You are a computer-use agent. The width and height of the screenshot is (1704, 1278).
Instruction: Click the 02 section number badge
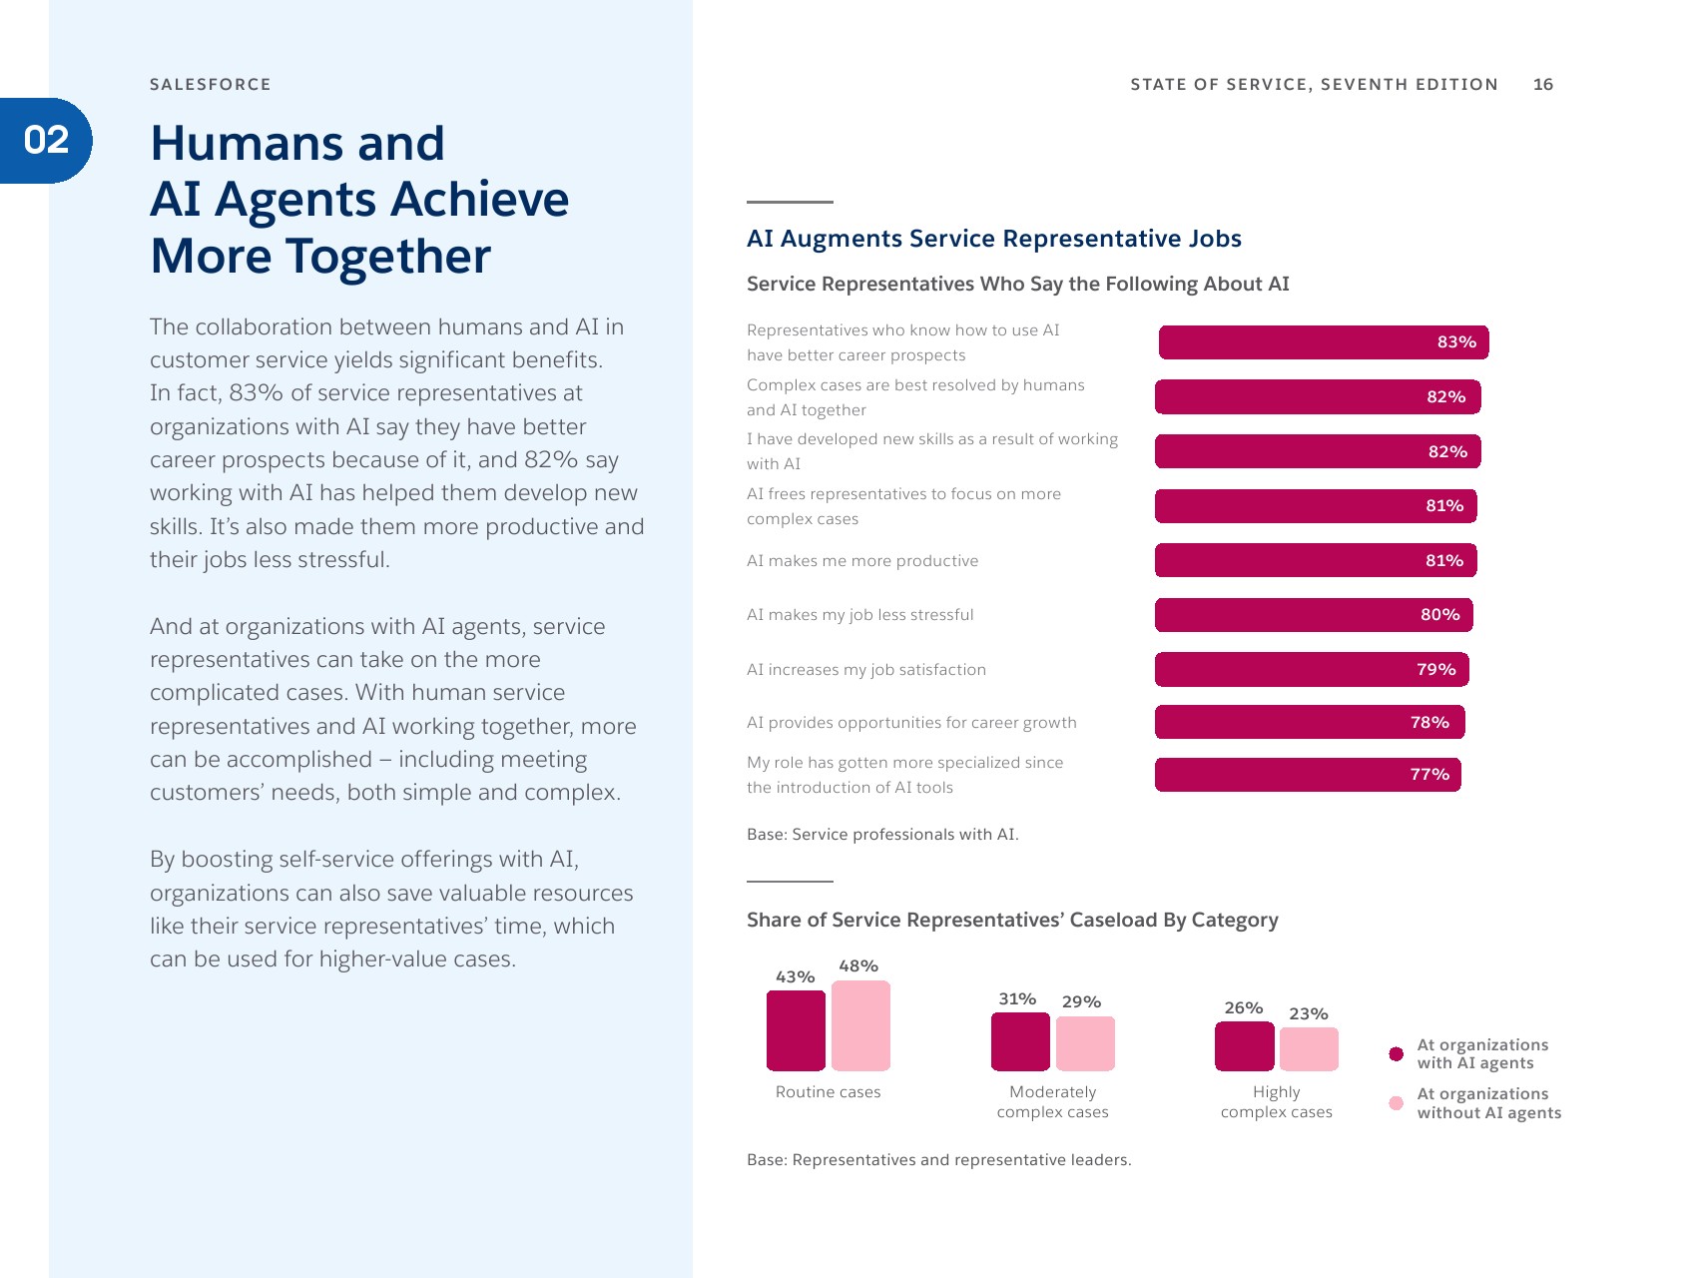point(46,141)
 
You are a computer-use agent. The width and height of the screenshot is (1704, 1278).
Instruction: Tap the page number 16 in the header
point(1542,85)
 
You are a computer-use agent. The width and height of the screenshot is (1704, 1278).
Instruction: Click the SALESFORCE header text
point(210,85)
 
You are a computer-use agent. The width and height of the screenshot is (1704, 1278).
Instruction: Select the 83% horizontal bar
point(1323,342)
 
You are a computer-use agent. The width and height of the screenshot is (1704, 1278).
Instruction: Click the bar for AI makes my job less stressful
point(1313,615)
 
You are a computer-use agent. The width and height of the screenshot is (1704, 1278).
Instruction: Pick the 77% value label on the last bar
point(1428,775)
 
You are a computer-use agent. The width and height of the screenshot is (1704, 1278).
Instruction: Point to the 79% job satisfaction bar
point(1311,669)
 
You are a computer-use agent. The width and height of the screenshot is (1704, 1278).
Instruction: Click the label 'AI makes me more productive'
point(861,561)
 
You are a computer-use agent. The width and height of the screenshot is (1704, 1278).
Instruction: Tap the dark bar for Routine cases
point(796,1030)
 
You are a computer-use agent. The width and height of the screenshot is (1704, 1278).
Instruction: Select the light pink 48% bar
point(860,1025)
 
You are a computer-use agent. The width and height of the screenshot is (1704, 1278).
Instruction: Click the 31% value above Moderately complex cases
point(1017,999)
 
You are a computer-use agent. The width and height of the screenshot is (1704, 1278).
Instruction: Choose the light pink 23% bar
point(1309,1049)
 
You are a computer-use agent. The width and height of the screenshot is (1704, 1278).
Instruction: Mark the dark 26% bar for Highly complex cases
point(1244,1046)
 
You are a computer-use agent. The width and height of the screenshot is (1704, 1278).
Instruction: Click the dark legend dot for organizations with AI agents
point(1396,1054)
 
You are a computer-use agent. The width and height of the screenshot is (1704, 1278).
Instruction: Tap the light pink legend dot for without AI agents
point(1396,1103)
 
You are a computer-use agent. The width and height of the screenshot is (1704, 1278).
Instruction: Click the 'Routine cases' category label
point(828,1092)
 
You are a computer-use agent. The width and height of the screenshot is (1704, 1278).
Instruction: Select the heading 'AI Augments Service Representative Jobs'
point(993,239)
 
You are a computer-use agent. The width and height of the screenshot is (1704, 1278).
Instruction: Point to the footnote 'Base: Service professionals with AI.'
point(882,835)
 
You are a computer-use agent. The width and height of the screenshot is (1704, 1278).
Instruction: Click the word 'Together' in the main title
point(388,257)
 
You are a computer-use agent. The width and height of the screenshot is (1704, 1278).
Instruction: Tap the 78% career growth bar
point(1309,722)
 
